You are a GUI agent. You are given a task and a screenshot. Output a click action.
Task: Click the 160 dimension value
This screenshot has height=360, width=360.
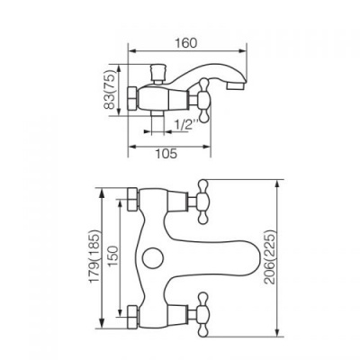pyautogui.click(x=185, y=43)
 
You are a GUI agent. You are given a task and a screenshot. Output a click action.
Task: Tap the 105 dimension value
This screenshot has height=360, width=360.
pyautogui.click(x=166, y=154)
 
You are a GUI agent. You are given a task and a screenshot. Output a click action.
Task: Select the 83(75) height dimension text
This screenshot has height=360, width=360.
pyautogui.click(x=110, y=90)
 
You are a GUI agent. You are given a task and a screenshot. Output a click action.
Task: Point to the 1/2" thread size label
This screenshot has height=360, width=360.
pyautogui.click(x=186, y=124)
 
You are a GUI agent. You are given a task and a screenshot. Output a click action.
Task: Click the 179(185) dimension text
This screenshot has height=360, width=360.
pyautogui.click(x=95, y=256)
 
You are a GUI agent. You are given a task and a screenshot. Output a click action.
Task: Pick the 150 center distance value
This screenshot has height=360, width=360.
pyautogui.click(x=113, y=256)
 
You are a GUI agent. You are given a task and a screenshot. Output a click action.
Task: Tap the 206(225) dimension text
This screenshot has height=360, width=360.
pyautogui.click(x=269, y=257)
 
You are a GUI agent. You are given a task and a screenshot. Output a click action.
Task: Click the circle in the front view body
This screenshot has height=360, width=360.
pyautogui.click(x=152, y=258)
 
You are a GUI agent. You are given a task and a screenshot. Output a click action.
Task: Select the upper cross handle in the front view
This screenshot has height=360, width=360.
pyautogui.click(x=202, y=202)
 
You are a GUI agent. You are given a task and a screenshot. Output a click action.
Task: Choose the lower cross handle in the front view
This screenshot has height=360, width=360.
pyautogui.click(x=202, y=314)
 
